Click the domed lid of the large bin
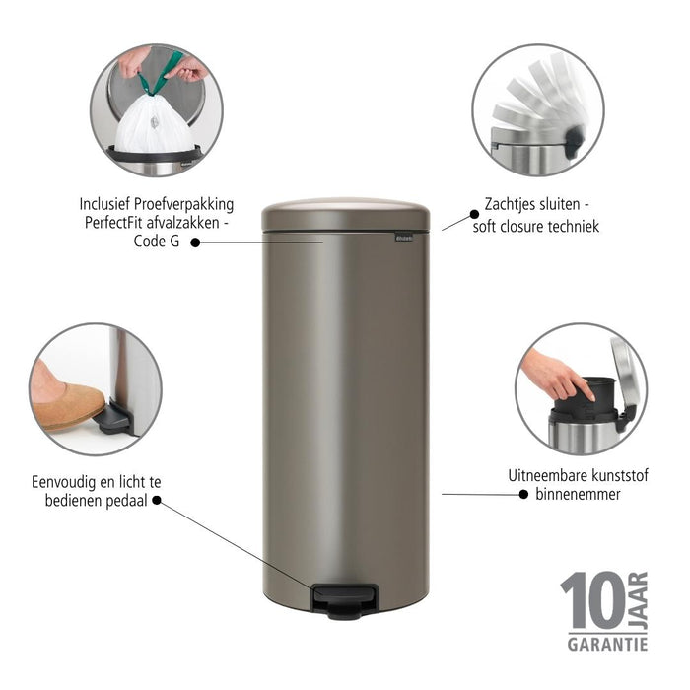(346, 213)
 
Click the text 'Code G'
(157, 241)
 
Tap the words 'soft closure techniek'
(541, 227)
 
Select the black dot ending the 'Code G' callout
(194, 241)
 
